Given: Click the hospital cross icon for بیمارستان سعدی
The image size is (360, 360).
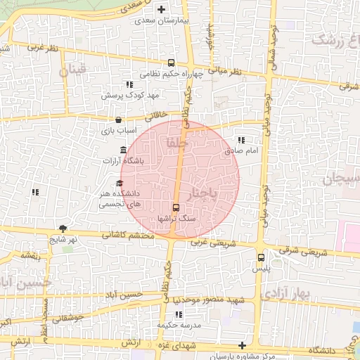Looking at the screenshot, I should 162,10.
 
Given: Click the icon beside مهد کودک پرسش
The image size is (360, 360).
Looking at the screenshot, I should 129,84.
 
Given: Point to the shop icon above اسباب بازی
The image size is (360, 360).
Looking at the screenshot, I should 117,120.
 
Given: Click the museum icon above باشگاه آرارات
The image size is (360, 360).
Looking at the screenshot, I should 124,149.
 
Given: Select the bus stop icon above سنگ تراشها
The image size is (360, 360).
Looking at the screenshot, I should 176,207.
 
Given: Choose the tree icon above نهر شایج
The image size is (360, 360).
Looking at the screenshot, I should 63,229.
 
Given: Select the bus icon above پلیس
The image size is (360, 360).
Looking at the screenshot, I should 262,257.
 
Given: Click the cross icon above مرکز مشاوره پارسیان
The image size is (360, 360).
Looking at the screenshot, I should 243,345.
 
